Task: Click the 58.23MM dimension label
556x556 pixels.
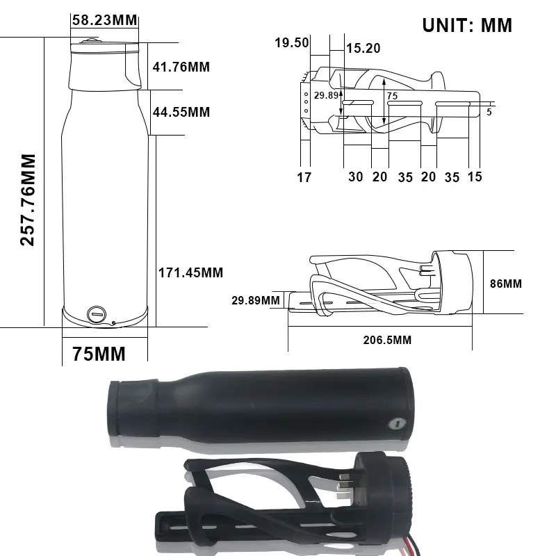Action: click(105, 20)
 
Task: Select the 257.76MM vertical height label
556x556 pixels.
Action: click(28, 200)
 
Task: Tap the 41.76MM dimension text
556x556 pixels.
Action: click(181, 67)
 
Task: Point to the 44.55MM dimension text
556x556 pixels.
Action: click(181, 112)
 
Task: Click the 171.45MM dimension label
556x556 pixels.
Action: click(190, 272)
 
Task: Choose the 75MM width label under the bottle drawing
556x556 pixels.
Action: click(99, 354)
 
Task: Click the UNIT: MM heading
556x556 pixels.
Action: click(467, 26)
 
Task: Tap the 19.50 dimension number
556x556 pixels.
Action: click(292, 42)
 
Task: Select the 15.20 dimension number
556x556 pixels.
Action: click(363, 48)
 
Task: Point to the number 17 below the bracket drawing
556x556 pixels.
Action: click(304, 177)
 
